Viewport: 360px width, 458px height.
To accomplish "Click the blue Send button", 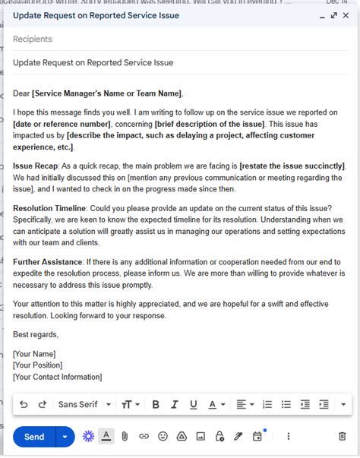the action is (x=34, y=437).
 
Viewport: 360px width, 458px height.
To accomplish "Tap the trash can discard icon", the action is (x=342, y=437).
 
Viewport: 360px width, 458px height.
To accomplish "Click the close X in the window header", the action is (x=346, y=15).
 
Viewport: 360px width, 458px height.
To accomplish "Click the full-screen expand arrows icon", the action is (x=333, y=15).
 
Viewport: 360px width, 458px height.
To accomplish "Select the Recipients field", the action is (x=33, y=39).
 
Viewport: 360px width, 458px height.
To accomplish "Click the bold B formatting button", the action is (x=156, y=404).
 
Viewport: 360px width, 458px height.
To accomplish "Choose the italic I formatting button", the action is (x=175, y=404).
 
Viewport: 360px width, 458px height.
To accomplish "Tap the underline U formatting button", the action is (x=193, y=404).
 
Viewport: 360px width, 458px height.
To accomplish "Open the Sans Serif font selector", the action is (x=84, y=404).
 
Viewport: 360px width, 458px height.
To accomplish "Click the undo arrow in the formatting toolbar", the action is (x=24, y=404).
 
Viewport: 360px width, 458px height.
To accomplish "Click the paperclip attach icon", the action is (x=125, y=437).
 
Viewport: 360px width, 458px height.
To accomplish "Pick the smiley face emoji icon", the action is (x=163, y=437).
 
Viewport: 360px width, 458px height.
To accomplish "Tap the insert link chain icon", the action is (x=144, y=437).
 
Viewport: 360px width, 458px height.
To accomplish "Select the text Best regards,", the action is (x=36, y=334).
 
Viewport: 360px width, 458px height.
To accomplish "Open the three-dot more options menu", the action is (x=289, y=437).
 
